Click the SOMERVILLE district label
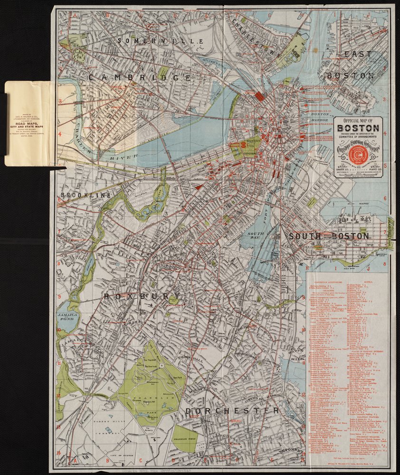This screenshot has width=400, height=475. [161, 41]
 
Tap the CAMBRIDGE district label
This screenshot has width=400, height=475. [139, 77]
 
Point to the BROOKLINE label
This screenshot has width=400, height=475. [85, 195]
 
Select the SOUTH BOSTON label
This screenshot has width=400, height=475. [328, 236]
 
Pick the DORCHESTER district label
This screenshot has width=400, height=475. [232, 410]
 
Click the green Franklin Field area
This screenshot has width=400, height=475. [185, 439]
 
